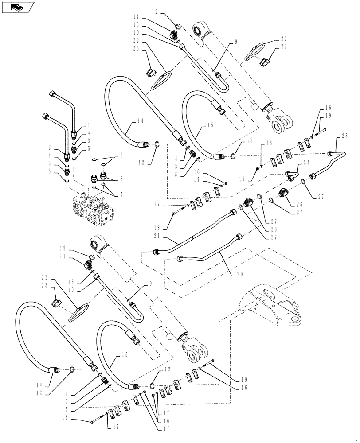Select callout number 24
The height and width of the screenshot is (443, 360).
pyautogui.click(x=305, y=163)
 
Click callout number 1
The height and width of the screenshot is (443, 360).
pyautogui.click(x=89, y=125)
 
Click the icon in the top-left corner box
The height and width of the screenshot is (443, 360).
pyautogui.click(x=17, y=7)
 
